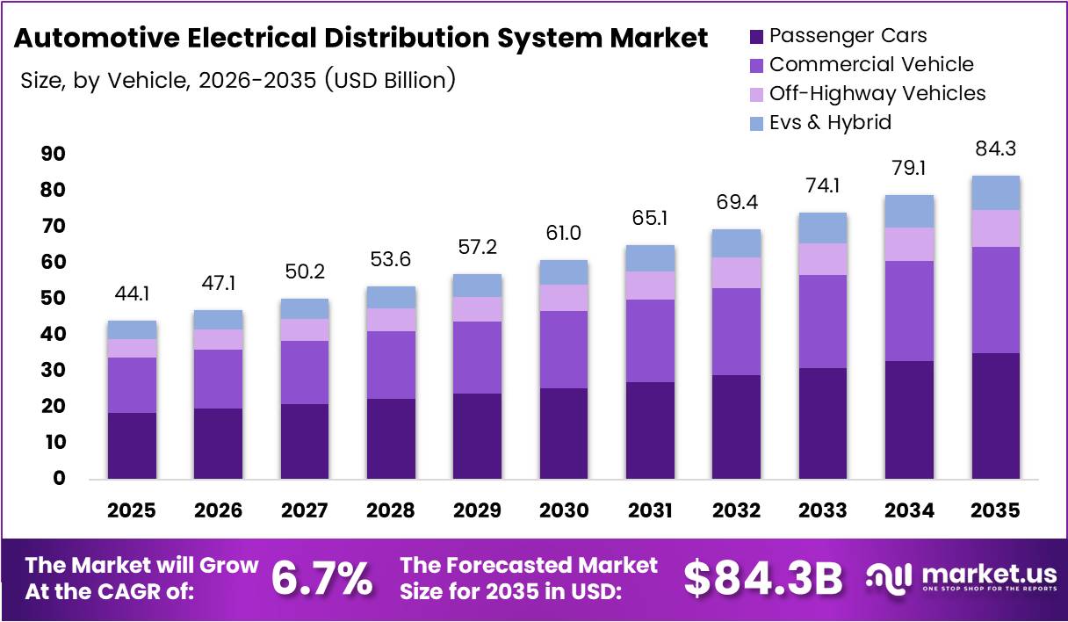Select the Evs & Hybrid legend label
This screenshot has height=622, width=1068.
point(830,122)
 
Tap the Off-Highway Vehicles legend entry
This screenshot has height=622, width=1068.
point(877,93)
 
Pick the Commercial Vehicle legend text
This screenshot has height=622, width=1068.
point(870,64)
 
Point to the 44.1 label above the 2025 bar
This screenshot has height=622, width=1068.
point(132,295)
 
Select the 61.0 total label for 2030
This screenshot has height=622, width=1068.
point(563,234)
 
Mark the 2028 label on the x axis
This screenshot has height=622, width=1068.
point(391,510)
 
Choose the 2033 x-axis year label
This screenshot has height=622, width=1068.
point(822,510)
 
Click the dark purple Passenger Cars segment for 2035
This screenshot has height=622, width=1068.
point(995,416)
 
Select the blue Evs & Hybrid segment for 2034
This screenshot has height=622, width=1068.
point(909,212)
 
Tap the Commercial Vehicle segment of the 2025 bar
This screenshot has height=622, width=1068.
point(132,385)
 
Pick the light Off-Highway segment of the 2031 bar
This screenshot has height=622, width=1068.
point(649,286)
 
